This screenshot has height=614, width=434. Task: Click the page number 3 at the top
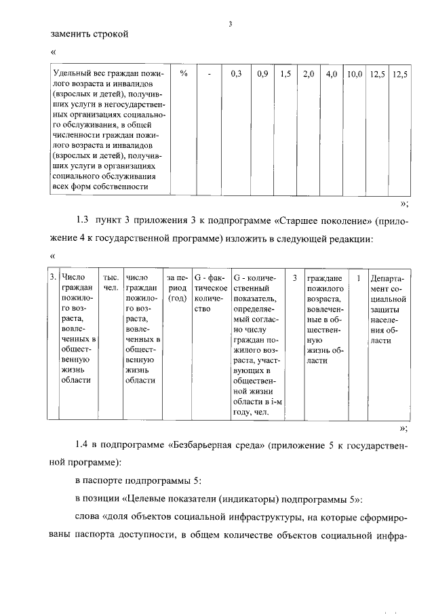coord(231,25)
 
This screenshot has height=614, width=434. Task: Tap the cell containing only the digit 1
coord(358,277)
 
